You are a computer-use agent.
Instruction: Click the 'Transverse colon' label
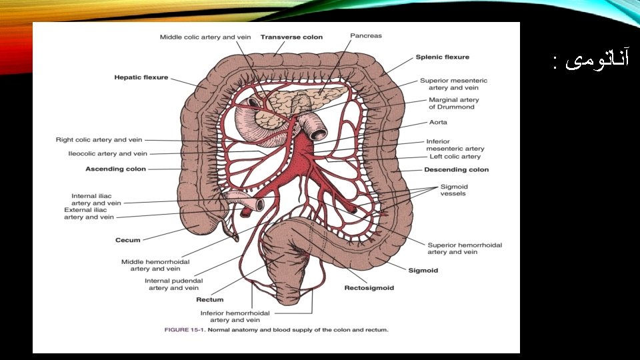pyautogui.click(x=291, y=37)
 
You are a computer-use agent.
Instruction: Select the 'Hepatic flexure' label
pyautogui.click(x=141, y=77)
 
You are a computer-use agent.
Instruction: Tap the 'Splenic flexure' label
pyautogui.click(x=443, y=57)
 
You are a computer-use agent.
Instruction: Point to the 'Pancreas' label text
pyautogui.click(x=366, y=35)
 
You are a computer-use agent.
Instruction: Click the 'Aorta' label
pyautogui.click(x=438, y=123)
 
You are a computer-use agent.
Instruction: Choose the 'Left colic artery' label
pyautogui.click(x=455, y=157)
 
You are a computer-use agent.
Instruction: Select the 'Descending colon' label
pyautogui.click(x=456, y=169)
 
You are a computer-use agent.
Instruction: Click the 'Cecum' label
pyautogui.click(x=127, y=240)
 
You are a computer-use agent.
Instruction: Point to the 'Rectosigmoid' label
pyautogui.click(x=369, y=288)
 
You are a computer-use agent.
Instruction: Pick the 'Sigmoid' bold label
pyautogui.click(x=423, y=270)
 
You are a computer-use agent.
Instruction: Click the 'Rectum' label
pyautogui.click(x=209, y=300)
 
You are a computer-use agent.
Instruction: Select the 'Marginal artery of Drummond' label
pyautogui.click(x=453, y=103)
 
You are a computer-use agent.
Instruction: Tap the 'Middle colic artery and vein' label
pyautogui.click(x=205, y=37)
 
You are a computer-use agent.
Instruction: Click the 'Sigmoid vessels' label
pyautogui.click(x=453, y=190)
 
